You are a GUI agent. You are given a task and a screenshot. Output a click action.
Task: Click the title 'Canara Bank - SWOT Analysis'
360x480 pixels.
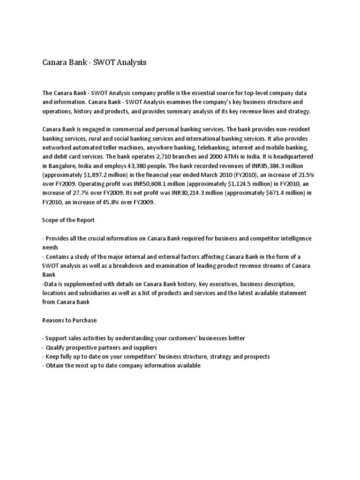94,62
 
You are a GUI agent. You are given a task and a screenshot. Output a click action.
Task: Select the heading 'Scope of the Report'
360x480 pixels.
69,220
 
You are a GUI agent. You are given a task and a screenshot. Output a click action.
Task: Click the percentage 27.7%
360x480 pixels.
77,193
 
